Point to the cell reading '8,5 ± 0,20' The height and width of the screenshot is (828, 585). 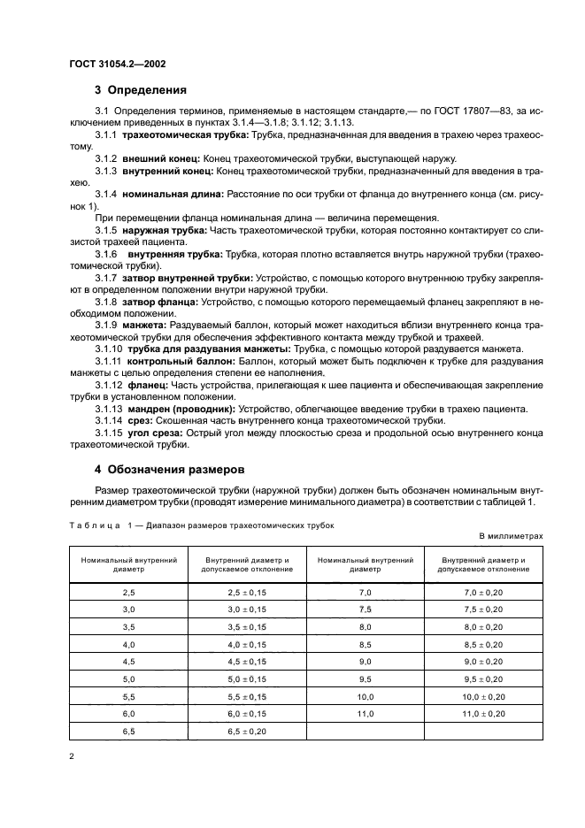[483, 645]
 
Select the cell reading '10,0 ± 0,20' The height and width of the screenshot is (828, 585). [483, 697]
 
